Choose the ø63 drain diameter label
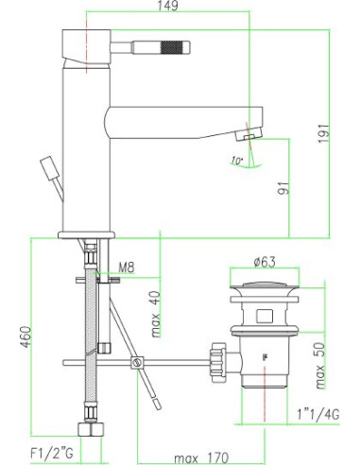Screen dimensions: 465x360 pos(265,262)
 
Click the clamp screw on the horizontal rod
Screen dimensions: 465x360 pos(138,361)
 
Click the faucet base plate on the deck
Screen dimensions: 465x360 pos(86,232)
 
